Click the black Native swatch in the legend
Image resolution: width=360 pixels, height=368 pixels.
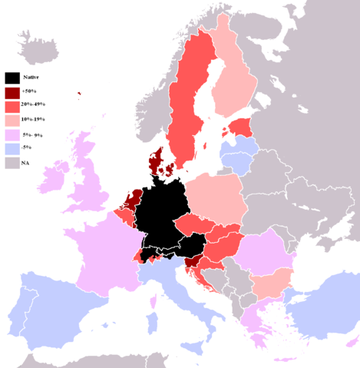tap(12, 78)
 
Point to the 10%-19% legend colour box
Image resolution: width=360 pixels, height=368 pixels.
tap(12, 121)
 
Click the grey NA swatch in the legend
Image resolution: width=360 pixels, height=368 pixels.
tap(12, 163)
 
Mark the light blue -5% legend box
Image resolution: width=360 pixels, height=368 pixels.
tap(12, 149)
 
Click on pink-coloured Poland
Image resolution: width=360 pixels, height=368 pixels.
tap(216, 200)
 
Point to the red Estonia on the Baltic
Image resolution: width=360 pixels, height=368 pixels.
tap(240, 126)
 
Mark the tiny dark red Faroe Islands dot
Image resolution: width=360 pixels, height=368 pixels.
tap(79, 95)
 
